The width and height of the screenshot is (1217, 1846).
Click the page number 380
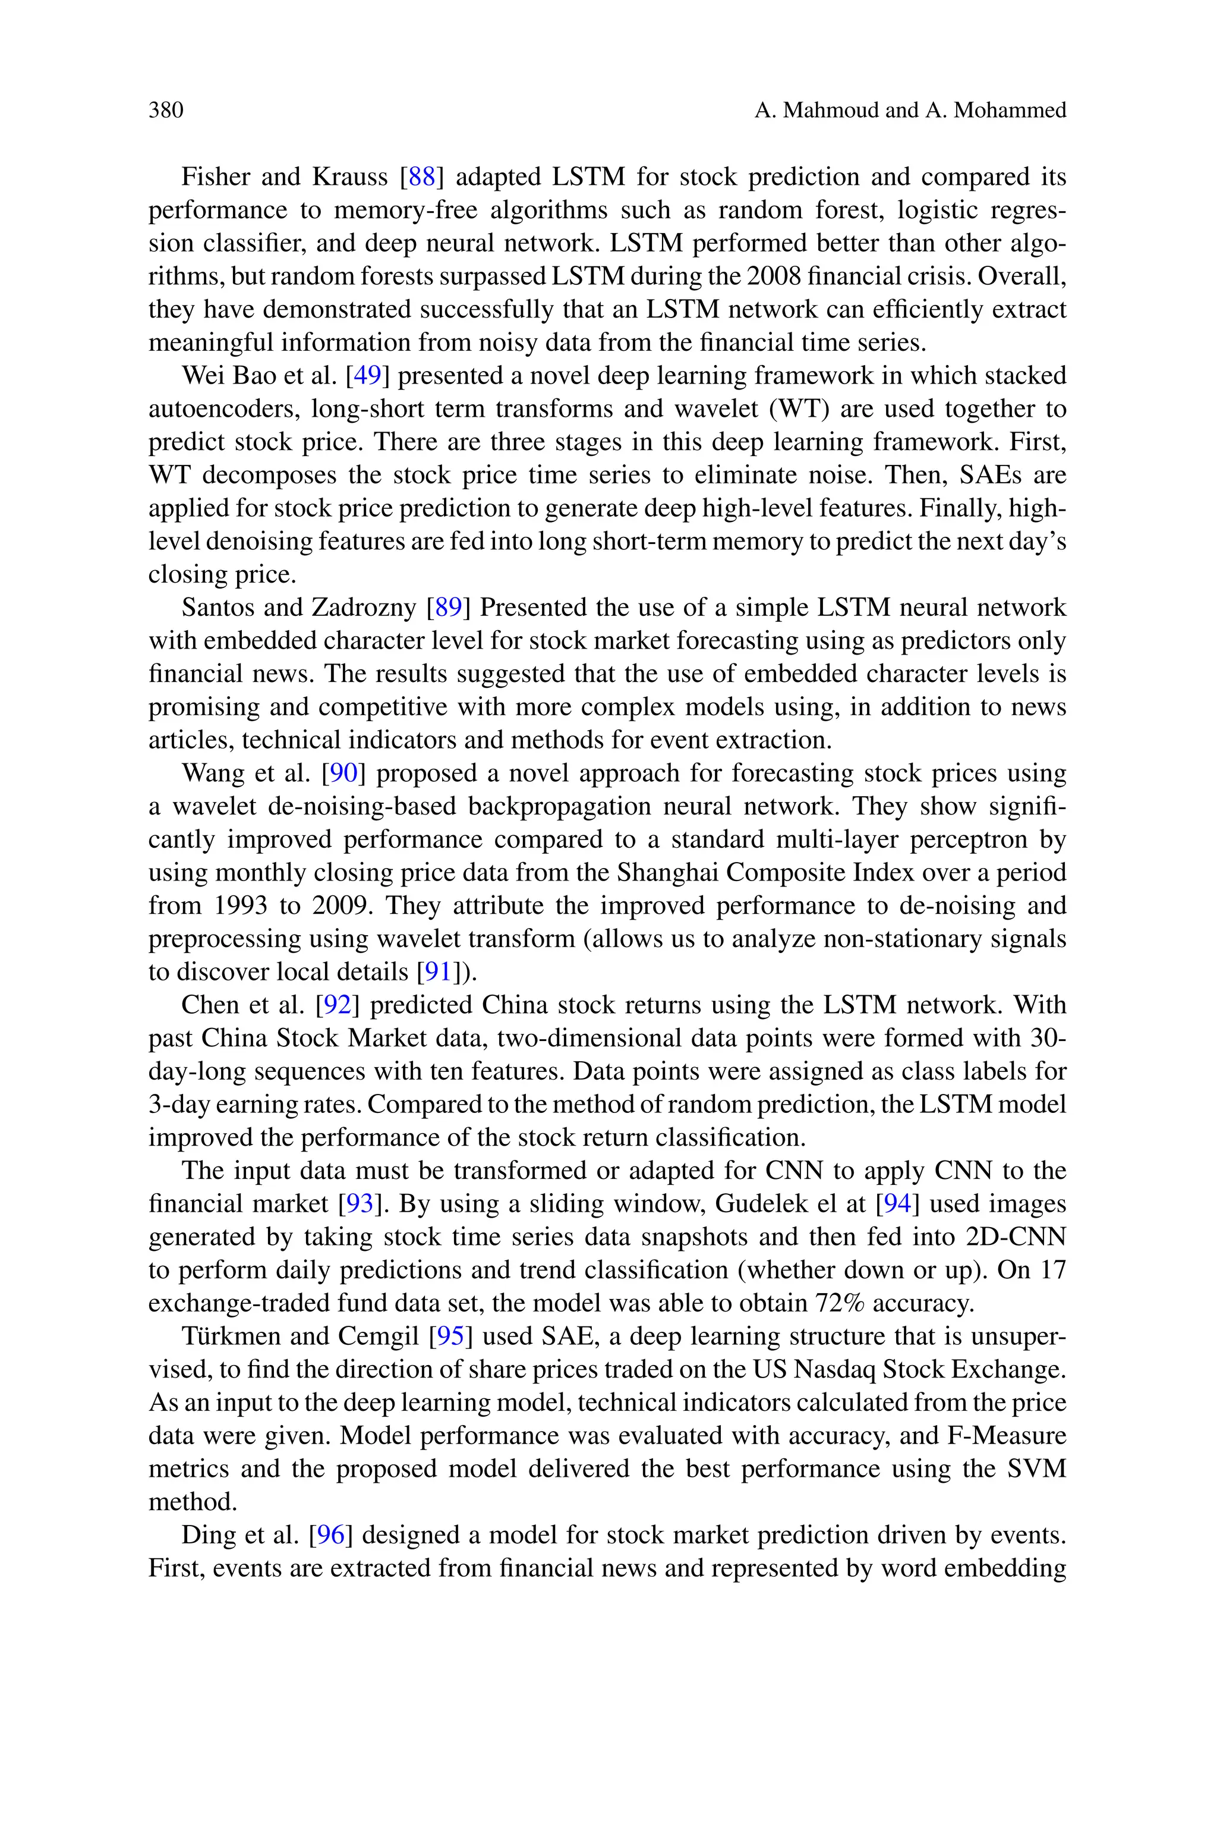(x=166, y=110)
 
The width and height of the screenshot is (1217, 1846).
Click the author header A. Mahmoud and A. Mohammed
(x=910, y=110)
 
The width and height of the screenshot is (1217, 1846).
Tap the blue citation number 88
(x=421, y=177)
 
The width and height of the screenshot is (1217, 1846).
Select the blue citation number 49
(x=367, y=376)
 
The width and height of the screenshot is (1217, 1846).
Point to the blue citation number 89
(x=449, y=607)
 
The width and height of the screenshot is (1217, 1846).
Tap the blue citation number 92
(x=337, y=1005)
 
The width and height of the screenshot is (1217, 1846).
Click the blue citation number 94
(x=897, y=1204)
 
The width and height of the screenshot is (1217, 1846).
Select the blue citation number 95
(x=450, y=1336)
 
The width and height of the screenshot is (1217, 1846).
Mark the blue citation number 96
(x=330, y=1534)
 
